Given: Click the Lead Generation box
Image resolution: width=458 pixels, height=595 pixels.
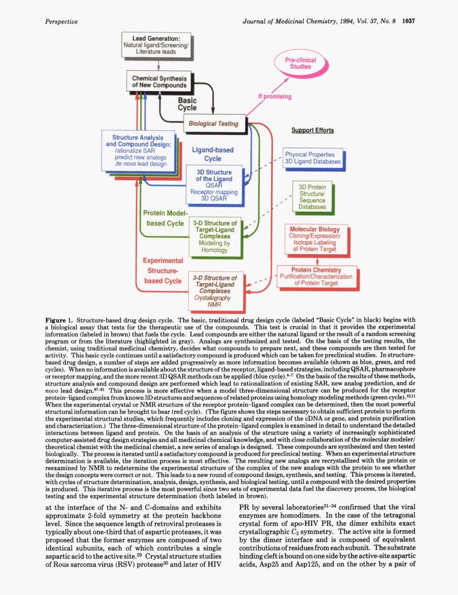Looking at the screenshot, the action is pyautogui.click(x=156, y=45).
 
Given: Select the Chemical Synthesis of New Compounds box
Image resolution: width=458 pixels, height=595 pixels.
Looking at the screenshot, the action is pyautogui.click(x=159, y=81).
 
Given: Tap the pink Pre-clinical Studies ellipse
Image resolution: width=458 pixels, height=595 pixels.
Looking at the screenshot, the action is pyautogui.click(x=300, y=63).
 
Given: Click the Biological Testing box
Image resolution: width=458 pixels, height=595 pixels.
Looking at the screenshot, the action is pyautogui.click(x=214, y=124).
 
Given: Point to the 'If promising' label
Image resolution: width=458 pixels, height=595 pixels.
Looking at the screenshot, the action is pyautogui.click(x=275, y=97).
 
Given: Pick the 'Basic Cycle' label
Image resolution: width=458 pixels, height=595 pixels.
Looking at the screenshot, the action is pyautogui.click(x=187, y=104).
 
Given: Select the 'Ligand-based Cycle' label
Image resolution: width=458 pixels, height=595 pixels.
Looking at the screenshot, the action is pyautogui.click(x=213, y=154).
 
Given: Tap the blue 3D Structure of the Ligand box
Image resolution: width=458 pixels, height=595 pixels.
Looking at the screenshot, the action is pyautogui.click(x=214, y=185).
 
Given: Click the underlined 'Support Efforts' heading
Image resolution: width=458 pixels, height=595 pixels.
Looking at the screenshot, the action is pyautogui.click(x=313, y=130).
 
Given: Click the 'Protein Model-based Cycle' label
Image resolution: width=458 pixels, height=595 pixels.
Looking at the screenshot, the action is pyautogui.click(x=165, y=218).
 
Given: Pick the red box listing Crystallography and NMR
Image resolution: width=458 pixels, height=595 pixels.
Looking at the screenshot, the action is pyautogui.click(x=216, y=291).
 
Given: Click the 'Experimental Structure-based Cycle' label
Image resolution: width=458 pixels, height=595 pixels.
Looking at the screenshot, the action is pyautogui.click(x=163, y=271).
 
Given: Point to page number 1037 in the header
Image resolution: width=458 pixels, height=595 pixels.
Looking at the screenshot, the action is pyautogui.click(x=408, y=21).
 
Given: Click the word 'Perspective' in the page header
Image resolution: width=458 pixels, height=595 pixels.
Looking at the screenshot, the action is pyautogui.click(x=61, y=21).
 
